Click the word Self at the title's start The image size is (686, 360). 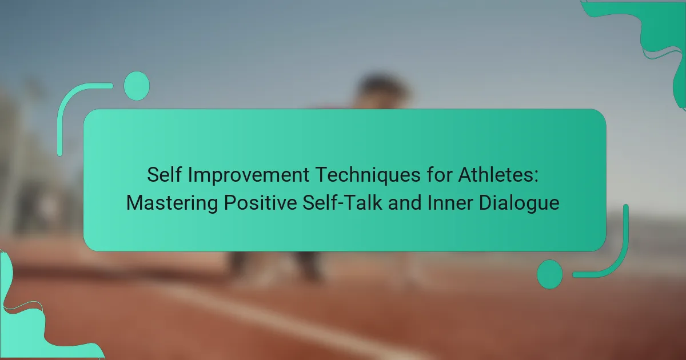click(164, 174)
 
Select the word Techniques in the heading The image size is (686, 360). click(368, 175)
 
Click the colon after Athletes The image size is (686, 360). click(536, 177)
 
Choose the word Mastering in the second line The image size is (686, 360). click(172, 203)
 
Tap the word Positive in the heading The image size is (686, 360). click(260, 203)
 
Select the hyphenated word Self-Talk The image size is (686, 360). click(342, 203)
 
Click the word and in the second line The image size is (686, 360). click(405, 203)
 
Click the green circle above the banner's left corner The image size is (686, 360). click(137, 86)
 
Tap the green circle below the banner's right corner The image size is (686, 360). click(550, 274)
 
